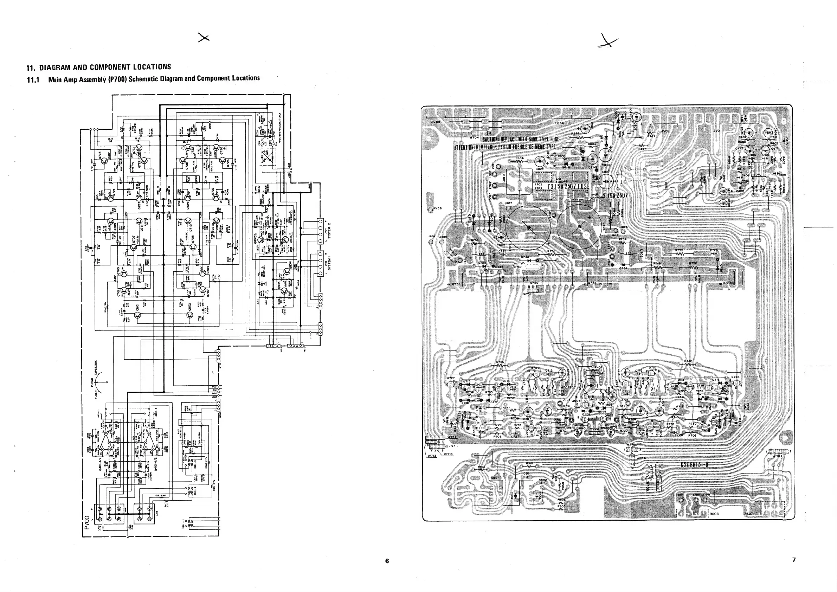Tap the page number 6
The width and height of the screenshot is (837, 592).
point(387,561)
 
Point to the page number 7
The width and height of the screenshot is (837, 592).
point(794,560)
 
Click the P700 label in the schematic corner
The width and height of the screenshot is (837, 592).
point(87,522)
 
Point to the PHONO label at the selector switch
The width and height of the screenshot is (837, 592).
point(92,382)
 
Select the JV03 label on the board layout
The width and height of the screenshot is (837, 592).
point(435,122)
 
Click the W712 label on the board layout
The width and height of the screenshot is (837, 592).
point(432,456)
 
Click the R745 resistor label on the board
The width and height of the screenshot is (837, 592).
point(500,362)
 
